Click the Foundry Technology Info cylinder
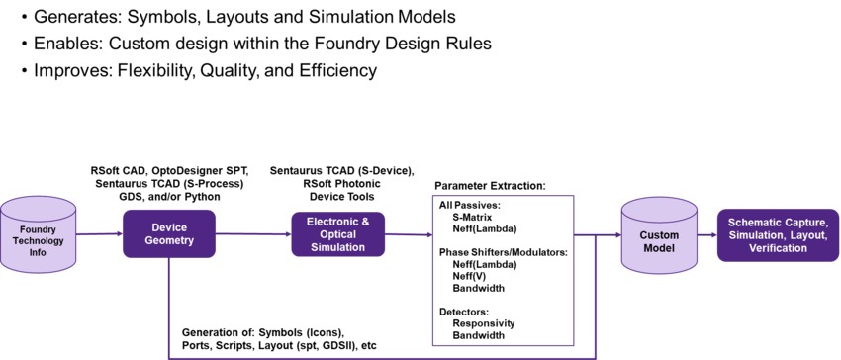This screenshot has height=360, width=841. click(x=38, y=235)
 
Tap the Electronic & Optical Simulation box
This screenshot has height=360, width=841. click(x=332, y=234)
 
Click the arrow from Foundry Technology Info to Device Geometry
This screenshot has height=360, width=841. click(x=99, y=234)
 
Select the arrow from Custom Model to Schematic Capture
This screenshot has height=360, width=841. click(x=707, y=235)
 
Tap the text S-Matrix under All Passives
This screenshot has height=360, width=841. click(x=475, y=216)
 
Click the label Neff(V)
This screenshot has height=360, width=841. click(x=471, y=276)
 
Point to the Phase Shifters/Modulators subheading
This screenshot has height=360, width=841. click(x=503, y=252)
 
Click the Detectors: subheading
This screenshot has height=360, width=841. click(x=465, y=312)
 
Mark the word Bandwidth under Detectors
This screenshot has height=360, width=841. click(x=480, y=335)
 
